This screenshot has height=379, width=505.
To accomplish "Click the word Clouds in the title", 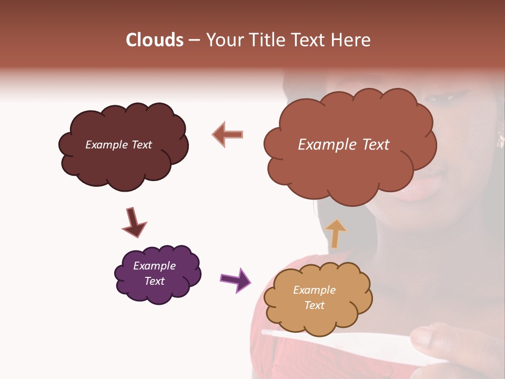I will pos(155,40).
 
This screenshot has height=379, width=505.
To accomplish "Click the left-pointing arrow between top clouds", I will pos(228,134).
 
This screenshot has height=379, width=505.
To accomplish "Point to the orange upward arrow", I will pos(335,233).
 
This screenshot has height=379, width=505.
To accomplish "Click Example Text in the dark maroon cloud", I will pos(118,145).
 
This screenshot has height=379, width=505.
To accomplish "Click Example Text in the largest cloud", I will pos(344,145).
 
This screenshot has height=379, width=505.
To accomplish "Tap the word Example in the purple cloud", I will pos(154,266).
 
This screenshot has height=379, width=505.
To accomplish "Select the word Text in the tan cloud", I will pos(314,305).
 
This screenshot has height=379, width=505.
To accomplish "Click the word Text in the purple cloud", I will pos(154,281).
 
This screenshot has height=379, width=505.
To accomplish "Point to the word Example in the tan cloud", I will pos(314,290).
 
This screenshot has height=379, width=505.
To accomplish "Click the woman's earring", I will pos(500,140).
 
